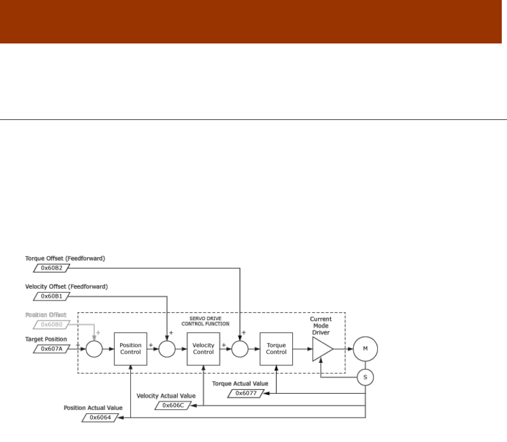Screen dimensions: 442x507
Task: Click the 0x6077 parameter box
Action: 245,393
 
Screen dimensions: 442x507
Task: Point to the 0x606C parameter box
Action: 172,405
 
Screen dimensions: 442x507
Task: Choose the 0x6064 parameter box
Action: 100,417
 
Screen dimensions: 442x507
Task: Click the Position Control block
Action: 130,349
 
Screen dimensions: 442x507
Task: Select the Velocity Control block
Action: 203,349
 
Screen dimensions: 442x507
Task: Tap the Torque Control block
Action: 276,349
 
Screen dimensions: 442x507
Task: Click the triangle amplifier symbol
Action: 322,349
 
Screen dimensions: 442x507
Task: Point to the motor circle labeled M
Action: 365,349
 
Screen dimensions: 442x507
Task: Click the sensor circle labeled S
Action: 365,377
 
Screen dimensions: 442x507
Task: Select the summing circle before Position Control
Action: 94,349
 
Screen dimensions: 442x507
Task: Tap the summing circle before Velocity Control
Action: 167,349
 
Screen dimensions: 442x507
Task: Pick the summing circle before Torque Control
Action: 240,349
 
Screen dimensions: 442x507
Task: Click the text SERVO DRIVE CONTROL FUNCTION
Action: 205,321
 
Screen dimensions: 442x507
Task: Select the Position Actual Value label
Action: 93,407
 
